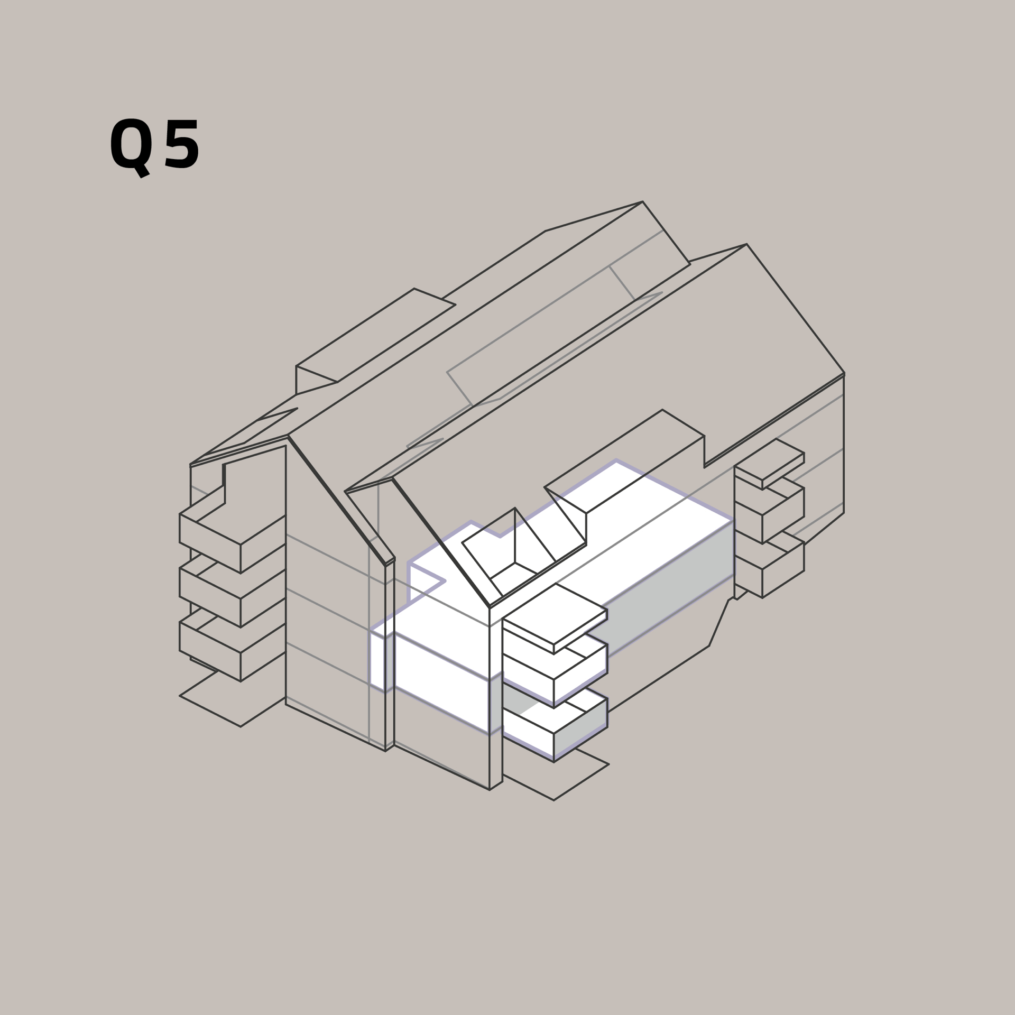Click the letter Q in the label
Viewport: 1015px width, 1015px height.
pos(130,146)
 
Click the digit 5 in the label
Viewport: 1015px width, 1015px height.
pos(182,144)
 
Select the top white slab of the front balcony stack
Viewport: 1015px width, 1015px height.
pos(555,619)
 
